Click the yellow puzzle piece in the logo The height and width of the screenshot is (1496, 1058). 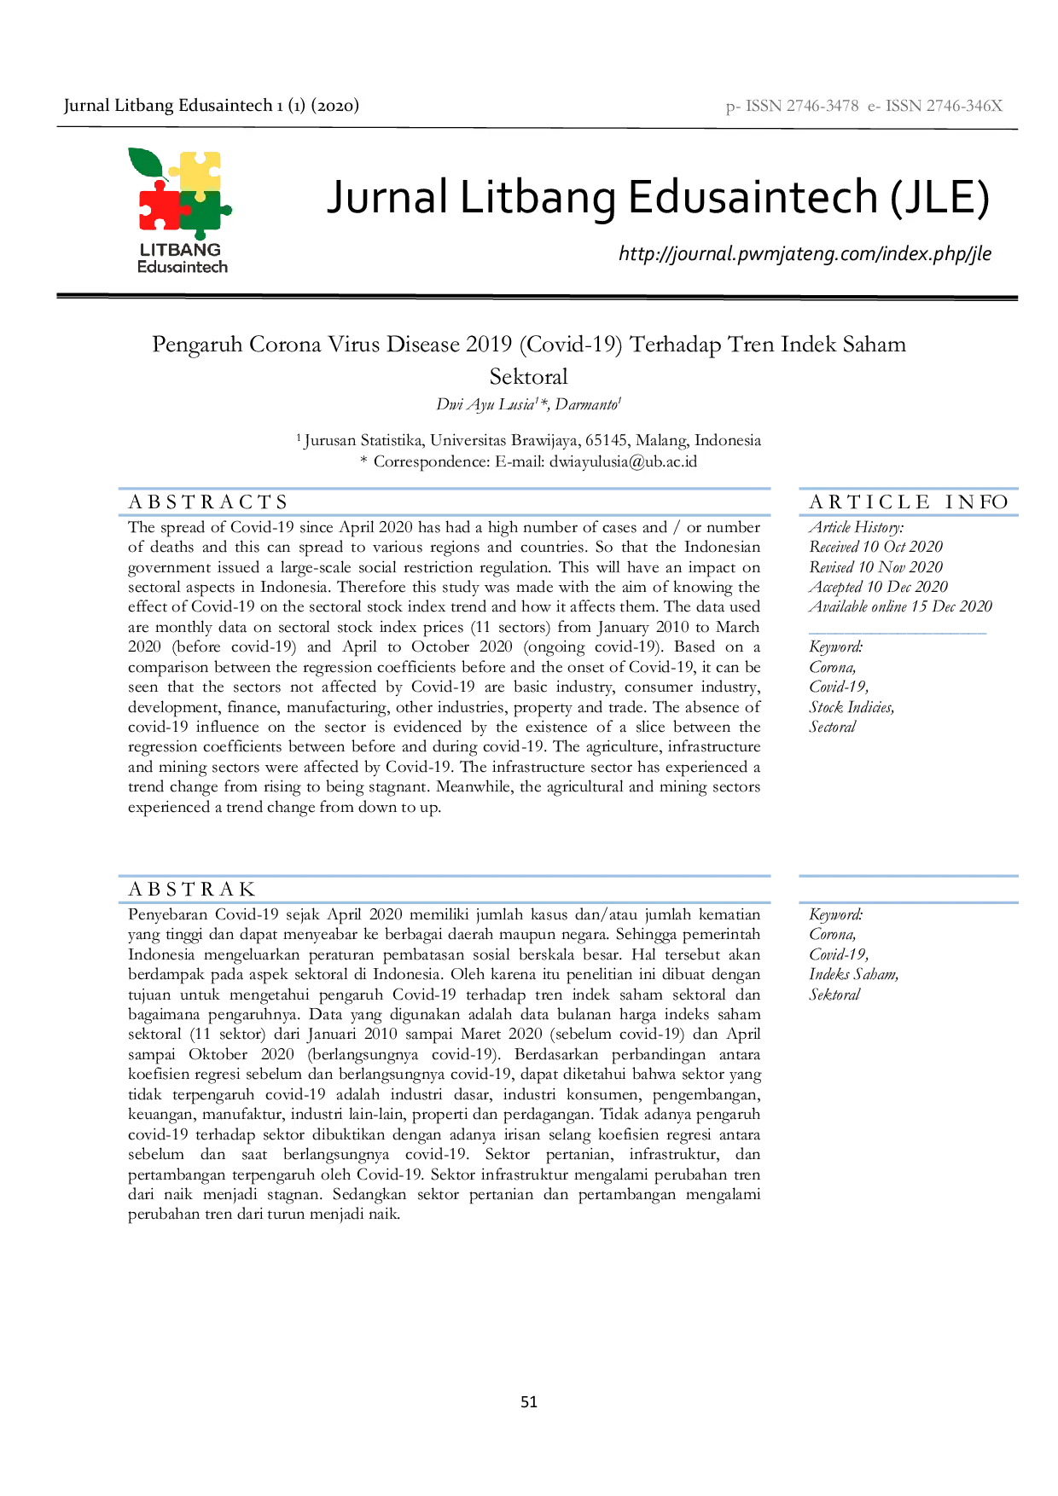(201, 171)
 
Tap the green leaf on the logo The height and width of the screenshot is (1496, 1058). (145, 162)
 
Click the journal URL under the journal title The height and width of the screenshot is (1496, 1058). (805, 254)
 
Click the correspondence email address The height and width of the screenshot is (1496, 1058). (623, 461)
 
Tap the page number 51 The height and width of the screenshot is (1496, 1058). (529, 1401)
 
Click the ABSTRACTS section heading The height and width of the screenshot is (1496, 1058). (208, 502)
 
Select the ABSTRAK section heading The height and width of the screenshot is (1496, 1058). (192, 889)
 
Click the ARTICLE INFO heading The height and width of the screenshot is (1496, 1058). (909, 502)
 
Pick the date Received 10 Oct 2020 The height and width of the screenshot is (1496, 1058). (876, 547)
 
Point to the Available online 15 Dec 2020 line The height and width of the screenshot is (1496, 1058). (901, 606)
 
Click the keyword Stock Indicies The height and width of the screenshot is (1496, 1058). (852, 707)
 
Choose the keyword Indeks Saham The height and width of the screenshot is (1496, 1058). (854, 974)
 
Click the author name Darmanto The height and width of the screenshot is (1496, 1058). (586, 404)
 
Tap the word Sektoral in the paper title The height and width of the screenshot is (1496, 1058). (529, 376)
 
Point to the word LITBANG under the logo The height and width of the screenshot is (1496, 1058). (180, 250)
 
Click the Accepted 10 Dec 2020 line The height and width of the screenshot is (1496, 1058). (879, 587)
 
